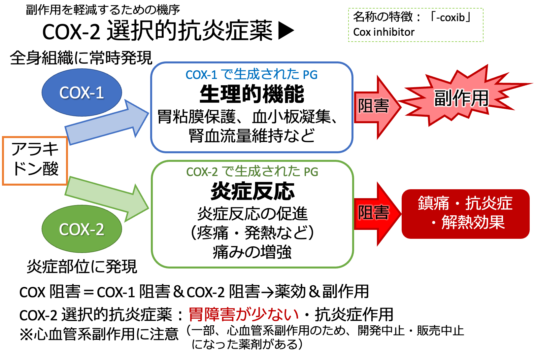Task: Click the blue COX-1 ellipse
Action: coord(82,92)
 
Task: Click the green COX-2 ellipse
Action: coord(82,229)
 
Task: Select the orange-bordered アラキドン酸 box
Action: coord(35,161)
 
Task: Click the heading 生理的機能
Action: coord(252,94)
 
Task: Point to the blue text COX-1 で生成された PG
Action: coord(251,75)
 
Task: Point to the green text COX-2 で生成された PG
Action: coord(252,172)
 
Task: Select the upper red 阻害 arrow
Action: coord(376,106)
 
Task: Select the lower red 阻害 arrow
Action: coord(376,213)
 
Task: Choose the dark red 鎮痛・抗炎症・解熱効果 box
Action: coord(465,213)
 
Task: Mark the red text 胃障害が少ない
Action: coord(244,314)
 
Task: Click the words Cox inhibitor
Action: coord(384,32)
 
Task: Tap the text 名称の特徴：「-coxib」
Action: coord(413,17)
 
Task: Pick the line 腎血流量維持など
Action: coord(252,136)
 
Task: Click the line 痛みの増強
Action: coord(252,252)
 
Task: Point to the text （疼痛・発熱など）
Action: coord(252,233)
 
